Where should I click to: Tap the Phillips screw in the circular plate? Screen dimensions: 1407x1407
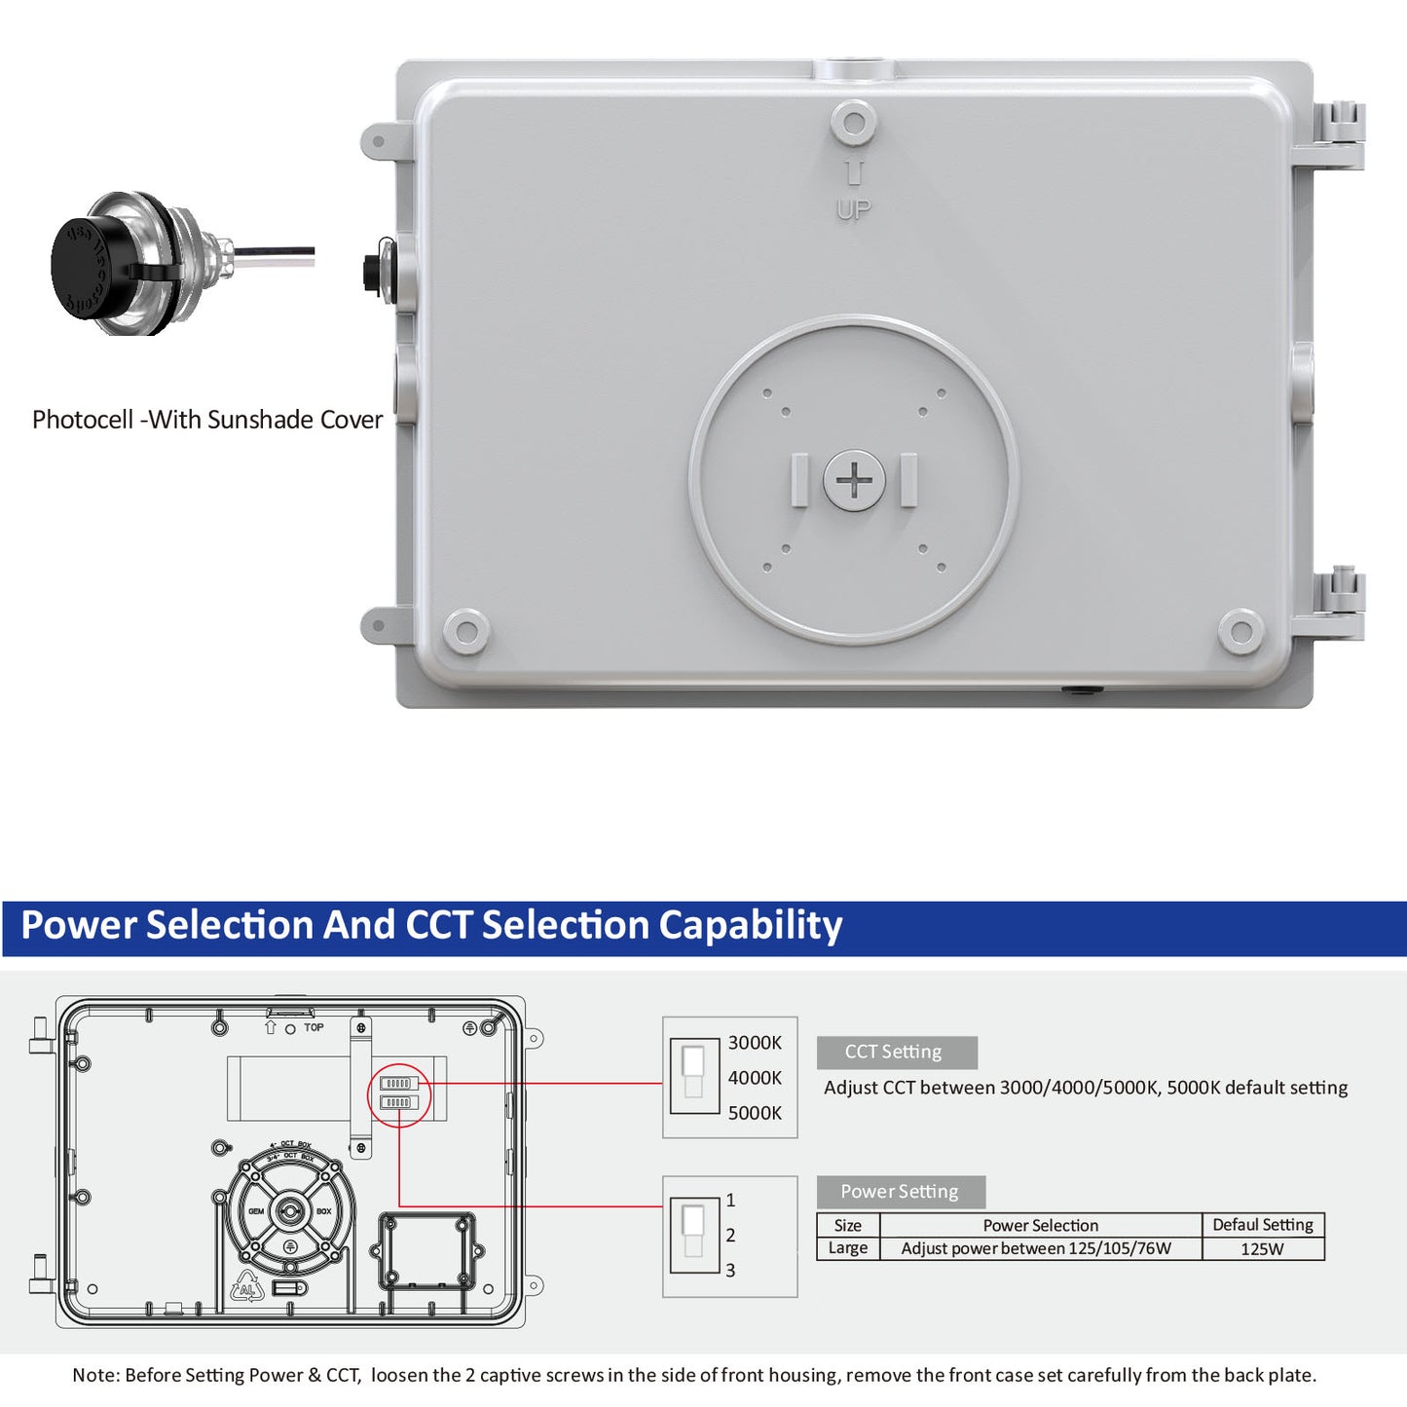point(854,480)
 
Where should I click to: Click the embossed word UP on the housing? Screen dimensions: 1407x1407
point(854,209)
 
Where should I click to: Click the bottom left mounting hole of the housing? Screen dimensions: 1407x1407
point(466,631)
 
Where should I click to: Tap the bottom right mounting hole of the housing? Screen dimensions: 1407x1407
point(1240,631)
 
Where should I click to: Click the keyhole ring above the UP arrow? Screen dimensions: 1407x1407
point(854,124)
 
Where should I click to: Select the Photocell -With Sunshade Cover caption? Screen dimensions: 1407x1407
point(207,420)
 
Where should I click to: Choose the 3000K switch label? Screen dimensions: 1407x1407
point(755,1043)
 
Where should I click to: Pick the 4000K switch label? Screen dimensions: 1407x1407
point(755,1078)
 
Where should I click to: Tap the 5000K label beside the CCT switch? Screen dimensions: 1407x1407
point(755,1113)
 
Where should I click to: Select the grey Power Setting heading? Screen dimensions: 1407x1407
point(900,1192)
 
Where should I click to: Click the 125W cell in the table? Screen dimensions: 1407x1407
point(1262,1249)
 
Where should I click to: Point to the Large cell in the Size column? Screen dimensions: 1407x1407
point(848,1248)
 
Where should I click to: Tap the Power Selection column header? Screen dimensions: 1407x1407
point(1040,1226)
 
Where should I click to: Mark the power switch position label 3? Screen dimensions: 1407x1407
point(730,1271)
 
